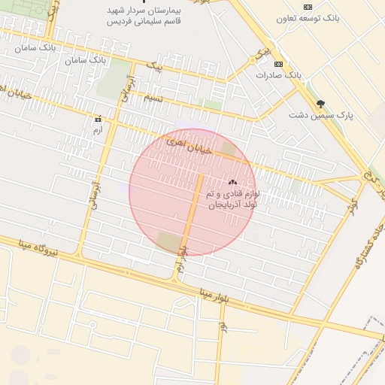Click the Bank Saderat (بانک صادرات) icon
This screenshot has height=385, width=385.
tap(279, 65)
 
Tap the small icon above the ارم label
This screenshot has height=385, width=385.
tap(97, 120)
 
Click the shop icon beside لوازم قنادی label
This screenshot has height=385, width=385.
tap(232, 182)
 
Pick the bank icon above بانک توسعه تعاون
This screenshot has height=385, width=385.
tap(306, 7)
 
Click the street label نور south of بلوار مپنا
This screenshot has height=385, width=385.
tap(223, 328)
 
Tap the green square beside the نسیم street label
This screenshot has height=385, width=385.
tap(213, 105)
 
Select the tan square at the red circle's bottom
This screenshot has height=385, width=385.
tap(169, 242)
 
